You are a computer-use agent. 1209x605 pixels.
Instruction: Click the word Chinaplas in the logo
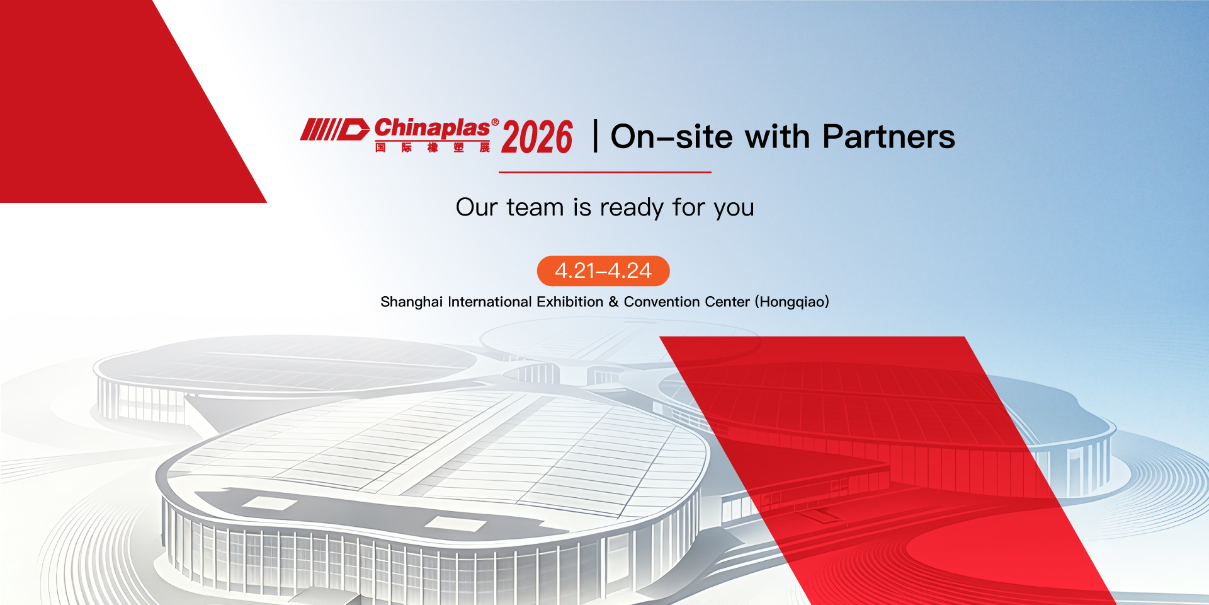pos(432,128)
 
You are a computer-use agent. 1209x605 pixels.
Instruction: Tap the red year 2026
pos(537,137)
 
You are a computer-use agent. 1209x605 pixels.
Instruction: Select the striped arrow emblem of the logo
pos(334,129)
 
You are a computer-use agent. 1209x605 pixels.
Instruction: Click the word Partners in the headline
pos(888,136)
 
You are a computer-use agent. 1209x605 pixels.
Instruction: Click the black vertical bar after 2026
pos(595,136)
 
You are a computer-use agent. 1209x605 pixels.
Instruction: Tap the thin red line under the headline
pos(605,172)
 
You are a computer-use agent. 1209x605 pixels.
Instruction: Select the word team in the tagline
pos(535,207)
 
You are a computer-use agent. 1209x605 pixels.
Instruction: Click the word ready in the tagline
pos(632,209)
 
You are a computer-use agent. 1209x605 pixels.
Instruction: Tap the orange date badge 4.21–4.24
pos(603,271)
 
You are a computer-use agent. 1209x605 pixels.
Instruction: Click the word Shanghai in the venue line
pos(412,302)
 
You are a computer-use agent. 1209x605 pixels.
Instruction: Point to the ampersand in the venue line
pos(613,302)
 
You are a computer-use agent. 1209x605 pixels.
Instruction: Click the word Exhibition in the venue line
pos(570,302)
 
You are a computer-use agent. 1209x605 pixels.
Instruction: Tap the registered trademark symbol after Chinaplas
pos(495,122)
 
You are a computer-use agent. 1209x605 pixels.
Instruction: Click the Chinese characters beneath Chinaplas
pos(433,147)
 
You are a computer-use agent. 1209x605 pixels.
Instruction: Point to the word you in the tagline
pos(734,209)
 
